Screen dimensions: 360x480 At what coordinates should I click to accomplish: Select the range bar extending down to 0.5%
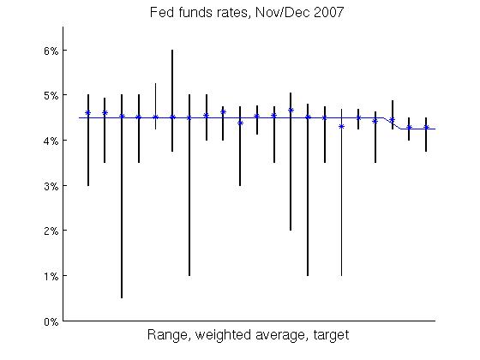[122, 214]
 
